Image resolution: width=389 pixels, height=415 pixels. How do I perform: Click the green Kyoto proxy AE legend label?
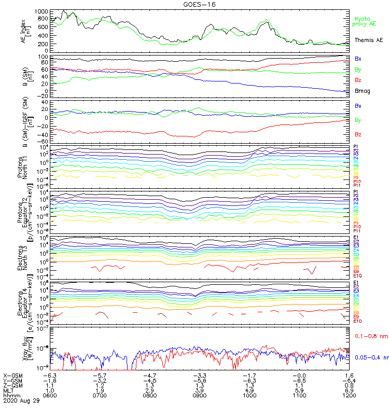click(x=365, y=21)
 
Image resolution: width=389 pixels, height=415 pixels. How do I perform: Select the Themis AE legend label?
click(x=368, y=40)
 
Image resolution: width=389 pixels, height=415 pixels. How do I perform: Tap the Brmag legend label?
click(x=362, y=91)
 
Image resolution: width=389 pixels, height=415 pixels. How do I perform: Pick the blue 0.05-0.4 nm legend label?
click(x=371, y=357)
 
